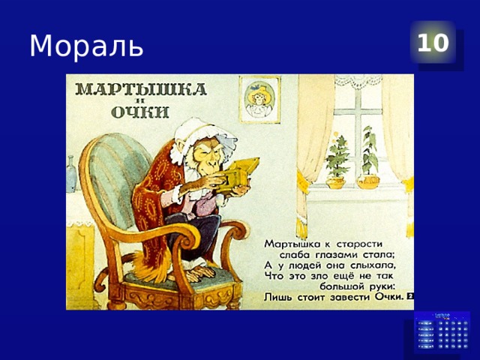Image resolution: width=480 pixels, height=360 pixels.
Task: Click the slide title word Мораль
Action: [x=85, y=46]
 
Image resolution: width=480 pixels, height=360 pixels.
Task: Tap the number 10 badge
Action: [x=433, y=43]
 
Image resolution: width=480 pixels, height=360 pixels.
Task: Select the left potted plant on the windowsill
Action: [x=337, y=162]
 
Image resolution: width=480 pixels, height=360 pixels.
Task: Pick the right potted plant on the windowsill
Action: [x=368, y=160]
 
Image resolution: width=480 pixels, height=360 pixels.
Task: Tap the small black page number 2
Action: [x=410, y=296]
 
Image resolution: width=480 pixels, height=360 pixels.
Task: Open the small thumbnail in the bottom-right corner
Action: [x=442, y=332]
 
